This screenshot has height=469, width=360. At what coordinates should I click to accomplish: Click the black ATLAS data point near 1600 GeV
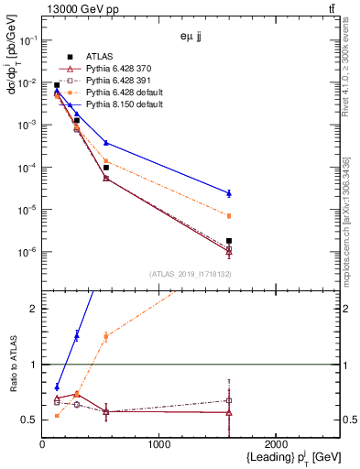229,241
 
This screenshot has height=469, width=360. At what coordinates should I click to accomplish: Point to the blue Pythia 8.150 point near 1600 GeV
229,193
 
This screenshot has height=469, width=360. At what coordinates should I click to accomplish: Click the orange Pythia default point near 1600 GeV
229,216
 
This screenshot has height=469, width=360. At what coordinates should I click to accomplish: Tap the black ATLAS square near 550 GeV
106,168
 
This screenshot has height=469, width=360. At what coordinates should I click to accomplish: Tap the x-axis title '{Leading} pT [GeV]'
280,457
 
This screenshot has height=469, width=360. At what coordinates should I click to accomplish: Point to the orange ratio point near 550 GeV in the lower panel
106,336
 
